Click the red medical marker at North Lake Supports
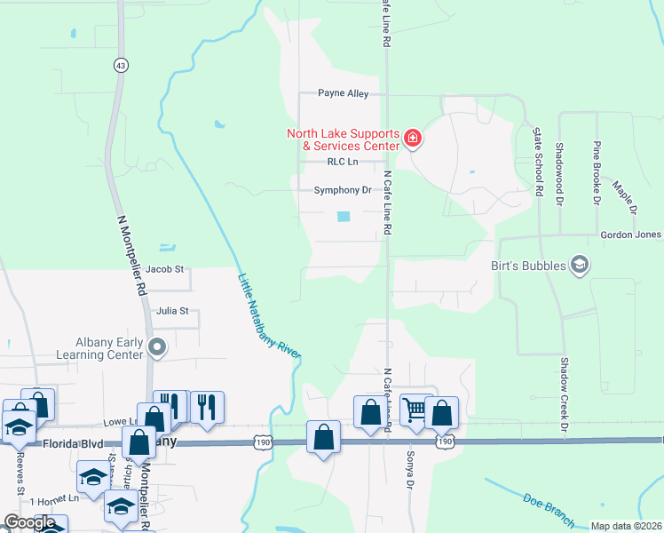tap(412, 139)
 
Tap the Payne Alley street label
tap(344, 92)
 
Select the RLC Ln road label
tap(342, 162)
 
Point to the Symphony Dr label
tap(342, 190)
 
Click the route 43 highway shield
tap(120, 65)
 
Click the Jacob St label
tap(164, 268)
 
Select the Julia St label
tap(172, 311)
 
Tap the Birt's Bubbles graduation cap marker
tap(580, 265)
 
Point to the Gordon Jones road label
tap(630, 235)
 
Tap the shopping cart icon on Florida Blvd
tap(415, 410)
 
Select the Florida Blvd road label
tap(67, 442)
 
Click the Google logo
tap(29, 522)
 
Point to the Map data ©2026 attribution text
tap(626, 526)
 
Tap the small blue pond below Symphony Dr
tap(344, 216)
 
